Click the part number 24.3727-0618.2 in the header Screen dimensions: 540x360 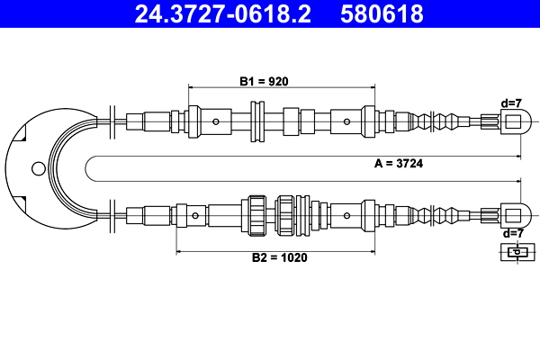tap(223, 13)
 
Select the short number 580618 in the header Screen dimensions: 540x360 tap(382, 13)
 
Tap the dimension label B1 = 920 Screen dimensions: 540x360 tap(264, 82)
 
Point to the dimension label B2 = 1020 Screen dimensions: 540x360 tap(279, 257)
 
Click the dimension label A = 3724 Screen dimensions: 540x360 tap(399, 163)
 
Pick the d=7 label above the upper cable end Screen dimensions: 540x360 tap(511, 103)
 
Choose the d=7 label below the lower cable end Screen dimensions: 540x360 tap(513, 233)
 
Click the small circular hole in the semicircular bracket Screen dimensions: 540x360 tap(38, 169)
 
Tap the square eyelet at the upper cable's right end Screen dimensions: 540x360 tap(513, 122)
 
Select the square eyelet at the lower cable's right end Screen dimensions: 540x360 tap(513, 216)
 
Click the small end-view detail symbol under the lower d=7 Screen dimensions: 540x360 tap(517, 252)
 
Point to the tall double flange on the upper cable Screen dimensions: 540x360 tap(257, 121)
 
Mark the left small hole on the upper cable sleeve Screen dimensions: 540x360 tap(216, 121)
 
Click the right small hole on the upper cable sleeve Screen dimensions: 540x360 tap(346, 121)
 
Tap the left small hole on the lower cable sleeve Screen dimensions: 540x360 tap(195, 216)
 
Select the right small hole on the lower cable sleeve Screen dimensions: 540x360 tap(346, 216)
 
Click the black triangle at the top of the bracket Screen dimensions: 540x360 tap(22, 135)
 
